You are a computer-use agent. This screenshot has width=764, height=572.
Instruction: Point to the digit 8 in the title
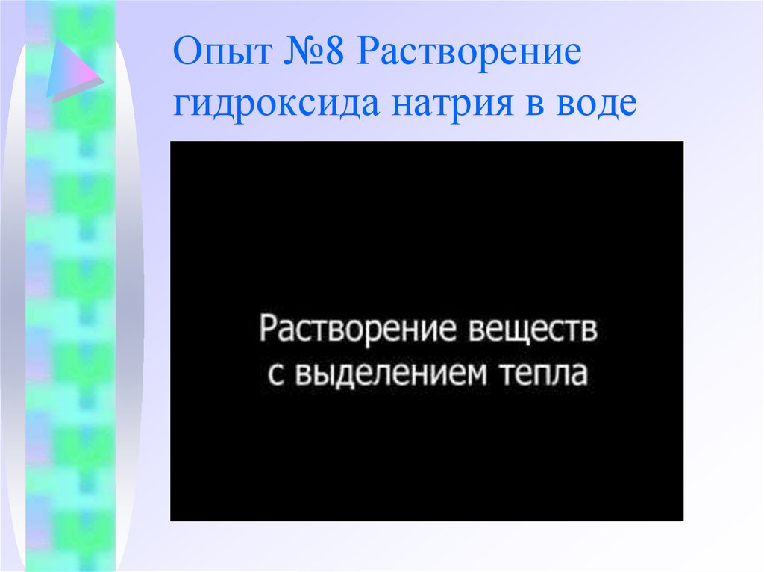(336, 57)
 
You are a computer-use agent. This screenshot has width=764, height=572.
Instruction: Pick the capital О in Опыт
(187, 57)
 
